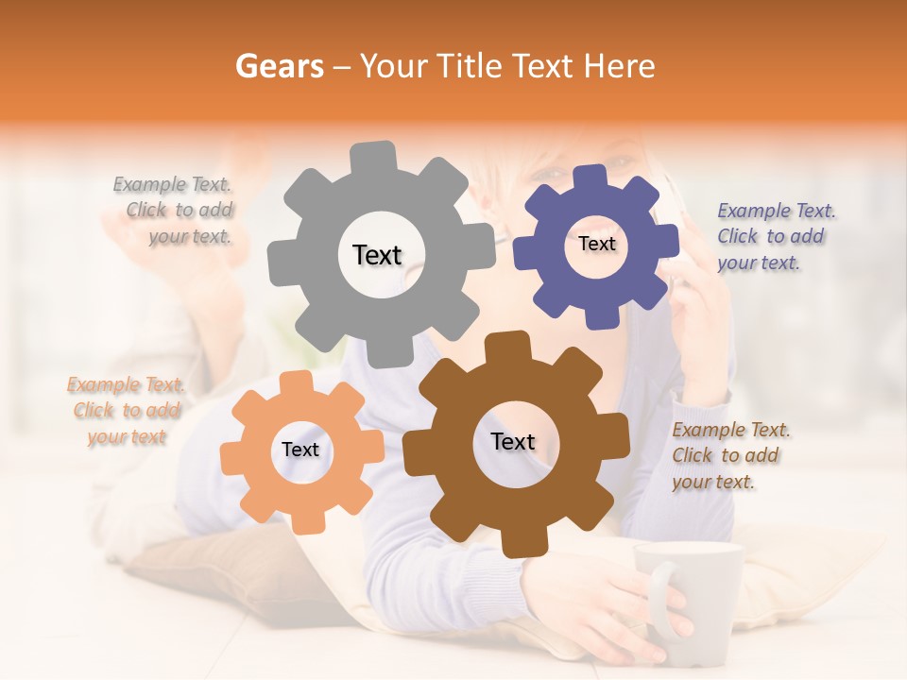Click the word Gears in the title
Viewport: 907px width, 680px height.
279,66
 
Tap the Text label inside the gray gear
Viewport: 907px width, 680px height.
377,255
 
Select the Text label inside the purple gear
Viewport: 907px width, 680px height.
596,244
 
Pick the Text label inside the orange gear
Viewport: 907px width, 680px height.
300,450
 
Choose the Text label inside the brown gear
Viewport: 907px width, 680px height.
513,442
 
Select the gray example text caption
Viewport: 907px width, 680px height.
176,211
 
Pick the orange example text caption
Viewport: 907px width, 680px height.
126,411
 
